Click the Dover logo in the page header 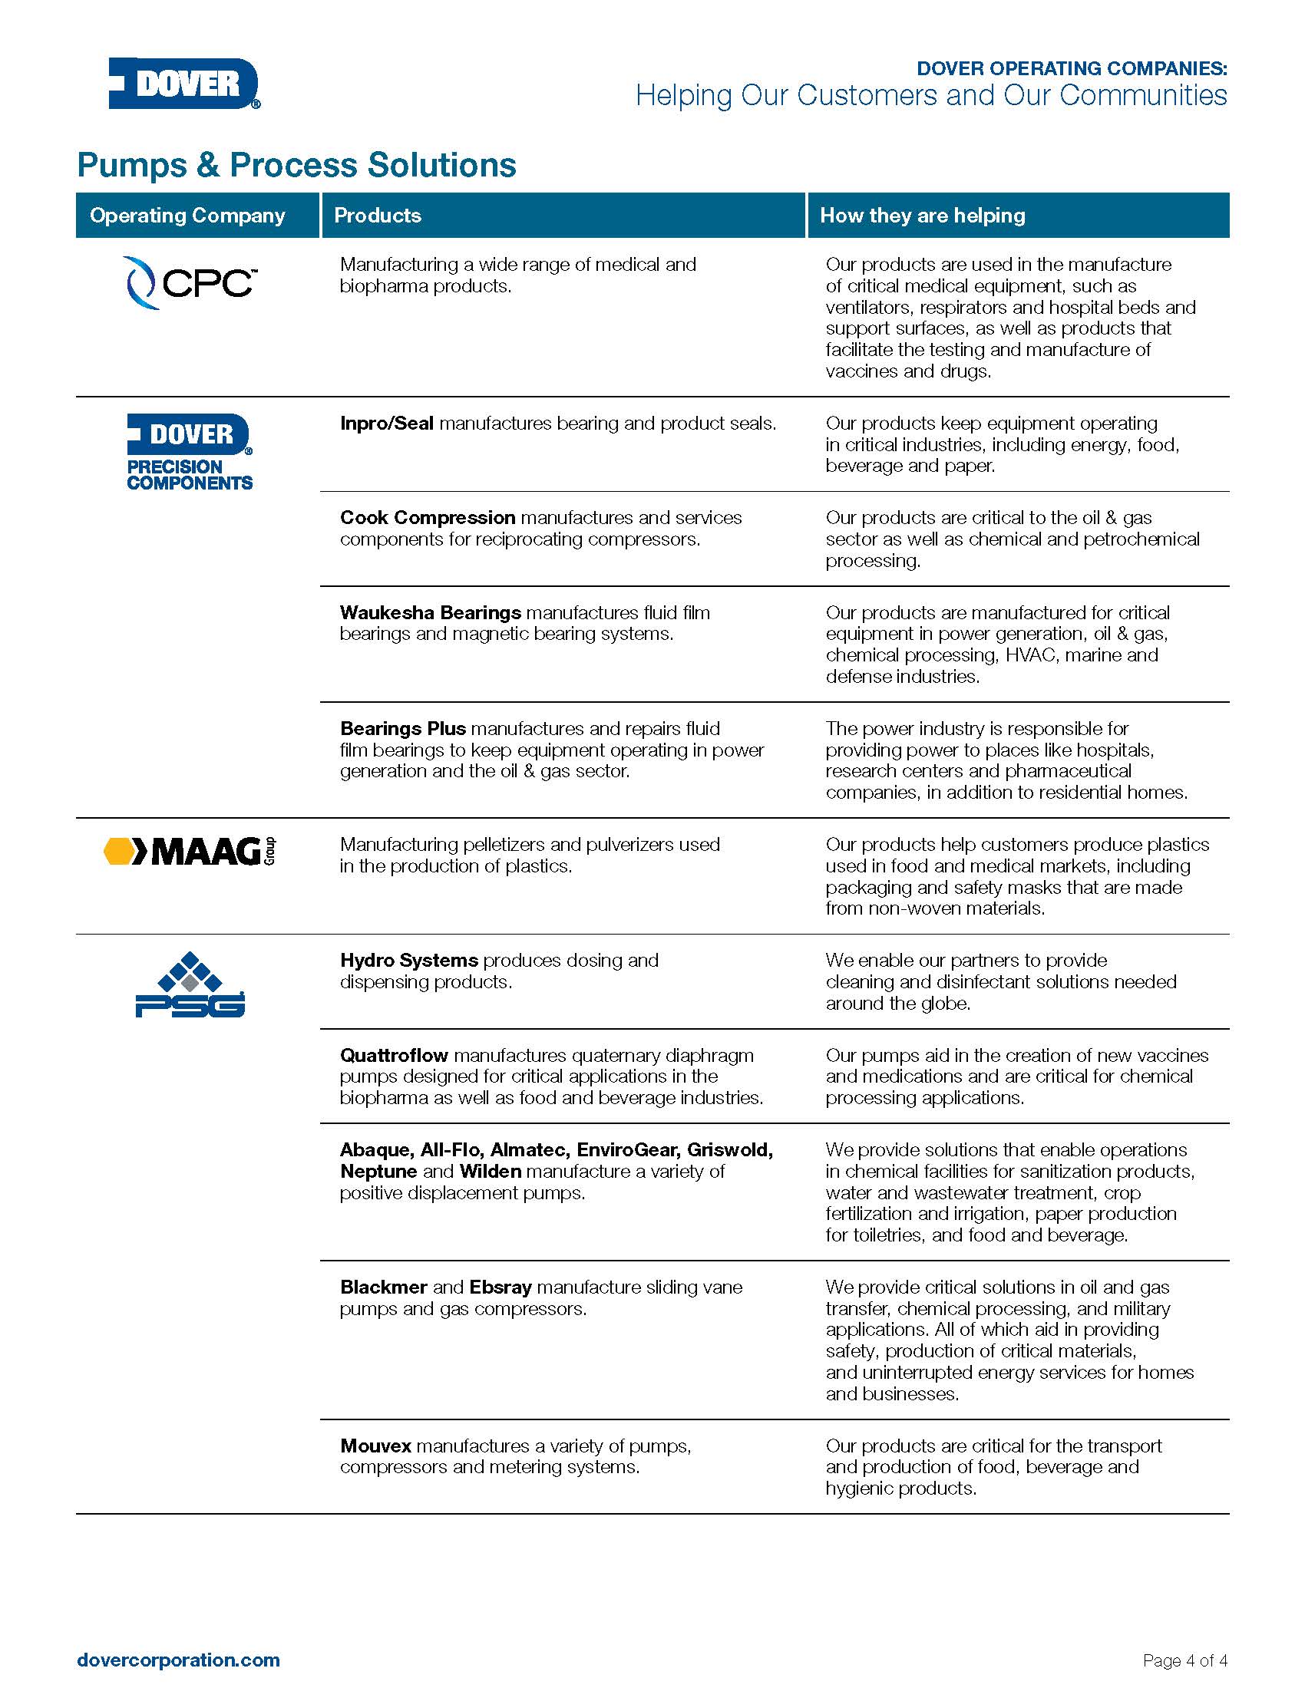(184, 84)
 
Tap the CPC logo (190, 284)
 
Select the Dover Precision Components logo (190, 452)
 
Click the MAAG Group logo (190, 851)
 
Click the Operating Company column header (187, 216)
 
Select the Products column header (377, 216)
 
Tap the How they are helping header (922, 216)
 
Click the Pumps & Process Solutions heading (297, 166)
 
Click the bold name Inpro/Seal (387, 424)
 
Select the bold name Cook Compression (428, 518)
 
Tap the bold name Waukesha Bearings (431, 613)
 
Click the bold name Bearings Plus (403, 729)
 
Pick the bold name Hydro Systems (409, 961)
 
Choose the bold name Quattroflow (394, 1056)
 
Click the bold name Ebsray (501, 1287)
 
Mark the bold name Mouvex (375, 1446)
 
